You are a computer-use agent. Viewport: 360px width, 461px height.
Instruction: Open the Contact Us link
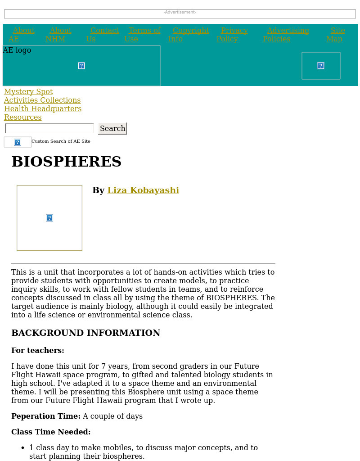[104, 31]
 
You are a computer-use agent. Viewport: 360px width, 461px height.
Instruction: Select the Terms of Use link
[144, 31]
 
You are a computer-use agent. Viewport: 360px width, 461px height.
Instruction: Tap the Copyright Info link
[190, 31]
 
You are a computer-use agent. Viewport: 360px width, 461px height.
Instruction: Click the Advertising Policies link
[288, 31]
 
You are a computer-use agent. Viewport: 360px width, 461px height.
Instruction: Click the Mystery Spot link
[28, 92]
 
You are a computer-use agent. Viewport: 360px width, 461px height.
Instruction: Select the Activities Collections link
[42, 100]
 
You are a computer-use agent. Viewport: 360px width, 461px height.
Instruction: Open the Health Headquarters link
[43, 109]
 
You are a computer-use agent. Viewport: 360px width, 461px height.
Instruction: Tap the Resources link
[23, 118]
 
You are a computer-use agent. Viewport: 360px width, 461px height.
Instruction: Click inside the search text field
[49, 129]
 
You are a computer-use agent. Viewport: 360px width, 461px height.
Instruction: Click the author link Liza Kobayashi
[143, 190]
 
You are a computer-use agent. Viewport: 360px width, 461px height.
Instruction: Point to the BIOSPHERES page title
[67, 162]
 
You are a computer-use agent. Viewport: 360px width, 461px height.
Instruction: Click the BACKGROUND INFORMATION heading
[85, 333]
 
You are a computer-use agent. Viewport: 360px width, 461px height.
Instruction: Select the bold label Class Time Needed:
[51, 432]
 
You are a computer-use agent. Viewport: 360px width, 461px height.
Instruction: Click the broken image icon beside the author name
[49, 218]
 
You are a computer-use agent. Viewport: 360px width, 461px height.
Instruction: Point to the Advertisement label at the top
[180, 12]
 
